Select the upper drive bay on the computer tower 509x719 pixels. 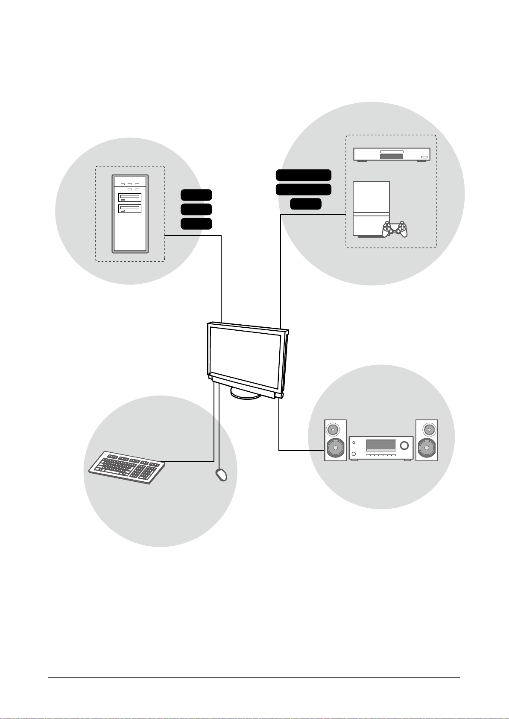[130, 198]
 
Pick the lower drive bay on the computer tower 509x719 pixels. [130, 209]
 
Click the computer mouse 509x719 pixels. [221, 475]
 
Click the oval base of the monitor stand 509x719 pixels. [246, 393]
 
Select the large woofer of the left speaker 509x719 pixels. [335, 448]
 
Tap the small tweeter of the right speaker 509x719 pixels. [427, 428]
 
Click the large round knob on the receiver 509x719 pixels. [404, 446]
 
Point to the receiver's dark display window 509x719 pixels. [381, 445]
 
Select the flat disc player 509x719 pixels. [392, 154]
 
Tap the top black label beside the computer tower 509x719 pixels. [196, 195]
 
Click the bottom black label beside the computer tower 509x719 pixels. [196, 224]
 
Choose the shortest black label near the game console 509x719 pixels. [305, 204]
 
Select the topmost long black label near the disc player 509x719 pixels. [303, 175]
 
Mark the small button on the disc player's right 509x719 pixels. [424, 157]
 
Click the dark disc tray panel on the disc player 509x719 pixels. [391, 157]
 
